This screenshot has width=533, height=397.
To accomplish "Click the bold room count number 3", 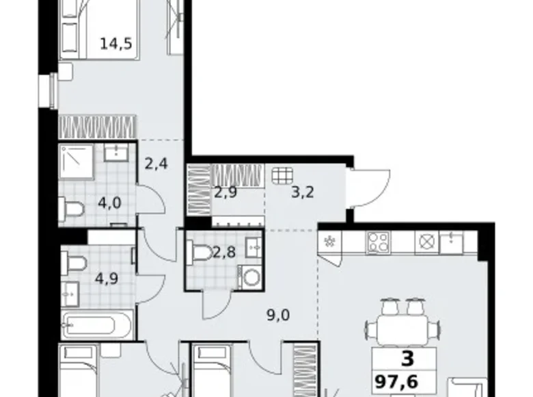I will [x=407, y=359].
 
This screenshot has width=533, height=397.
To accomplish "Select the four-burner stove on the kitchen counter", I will [x=378, y=242].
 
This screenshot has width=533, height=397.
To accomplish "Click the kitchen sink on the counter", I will [x=452, y=241].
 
